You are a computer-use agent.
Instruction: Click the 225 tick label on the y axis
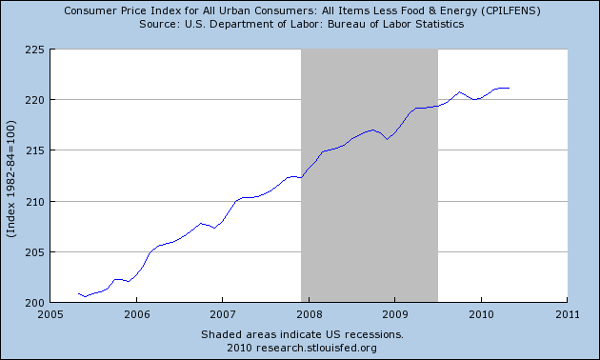(x=35, y=50)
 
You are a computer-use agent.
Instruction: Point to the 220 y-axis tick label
(x=35, y=100)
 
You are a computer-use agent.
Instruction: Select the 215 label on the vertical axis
(x=35, y=150)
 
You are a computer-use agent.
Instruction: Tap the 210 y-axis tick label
(x=35, y=202)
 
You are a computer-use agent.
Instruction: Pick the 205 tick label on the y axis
(x=35, y=252)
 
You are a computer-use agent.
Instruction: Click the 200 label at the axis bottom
(x=35, y=303)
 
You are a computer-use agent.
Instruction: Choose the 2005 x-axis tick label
(x=50, y=314)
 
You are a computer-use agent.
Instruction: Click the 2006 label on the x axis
(x=136, y=314)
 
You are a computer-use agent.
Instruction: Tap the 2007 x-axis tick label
(x=222, y=314)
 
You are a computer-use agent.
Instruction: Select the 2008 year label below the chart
(x=309, y=314)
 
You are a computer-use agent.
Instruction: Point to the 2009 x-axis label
(x=395, y=314)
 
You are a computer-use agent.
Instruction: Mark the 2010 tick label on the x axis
(x=481, y=314)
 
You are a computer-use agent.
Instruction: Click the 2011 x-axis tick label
(x=568, y=314)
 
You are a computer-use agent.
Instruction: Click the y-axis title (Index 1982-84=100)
(x=11, y=179)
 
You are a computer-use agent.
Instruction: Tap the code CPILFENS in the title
(x=510, y=10)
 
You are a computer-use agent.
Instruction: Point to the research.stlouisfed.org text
(x=316, y=349)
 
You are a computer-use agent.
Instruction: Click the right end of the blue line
(x=509, y=88)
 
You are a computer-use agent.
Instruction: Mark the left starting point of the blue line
(x=78, y=293)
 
